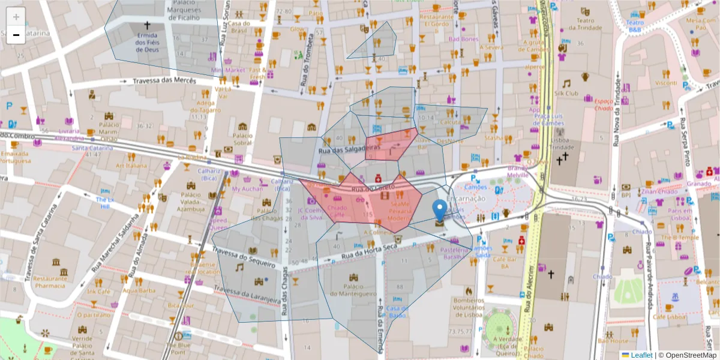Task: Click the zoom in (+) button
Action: click(16, 17)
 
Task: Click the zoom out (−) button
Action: click(16, 35)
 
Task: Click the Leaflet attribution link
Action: click(641, 355)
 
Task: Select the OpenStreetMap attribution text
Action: click(688, 355)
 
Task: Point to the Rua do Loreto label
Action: click(373, 188)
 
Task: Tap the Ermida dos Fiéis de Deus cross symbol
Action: click(147, 26)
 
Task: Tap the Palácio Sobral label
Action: click(242, 139)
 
